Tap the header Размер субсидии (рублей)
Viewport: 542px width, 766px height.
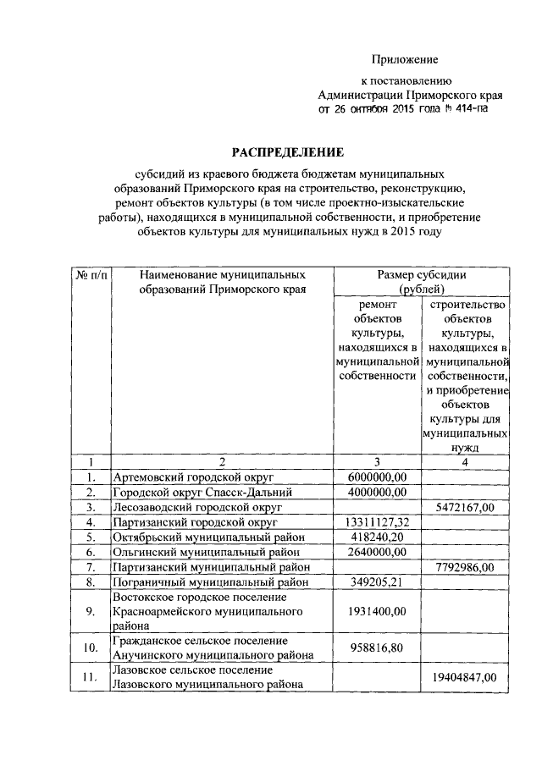pos(422,282)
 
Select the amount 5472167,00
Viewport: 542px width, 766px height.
pos(465,507)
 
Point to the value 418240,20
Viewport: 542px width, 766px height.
pos(378,537)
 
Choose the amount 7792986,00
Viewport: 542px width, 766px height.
pos(465,566)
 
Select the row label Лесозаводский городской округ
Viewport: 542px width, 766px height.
pos(197,507)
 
